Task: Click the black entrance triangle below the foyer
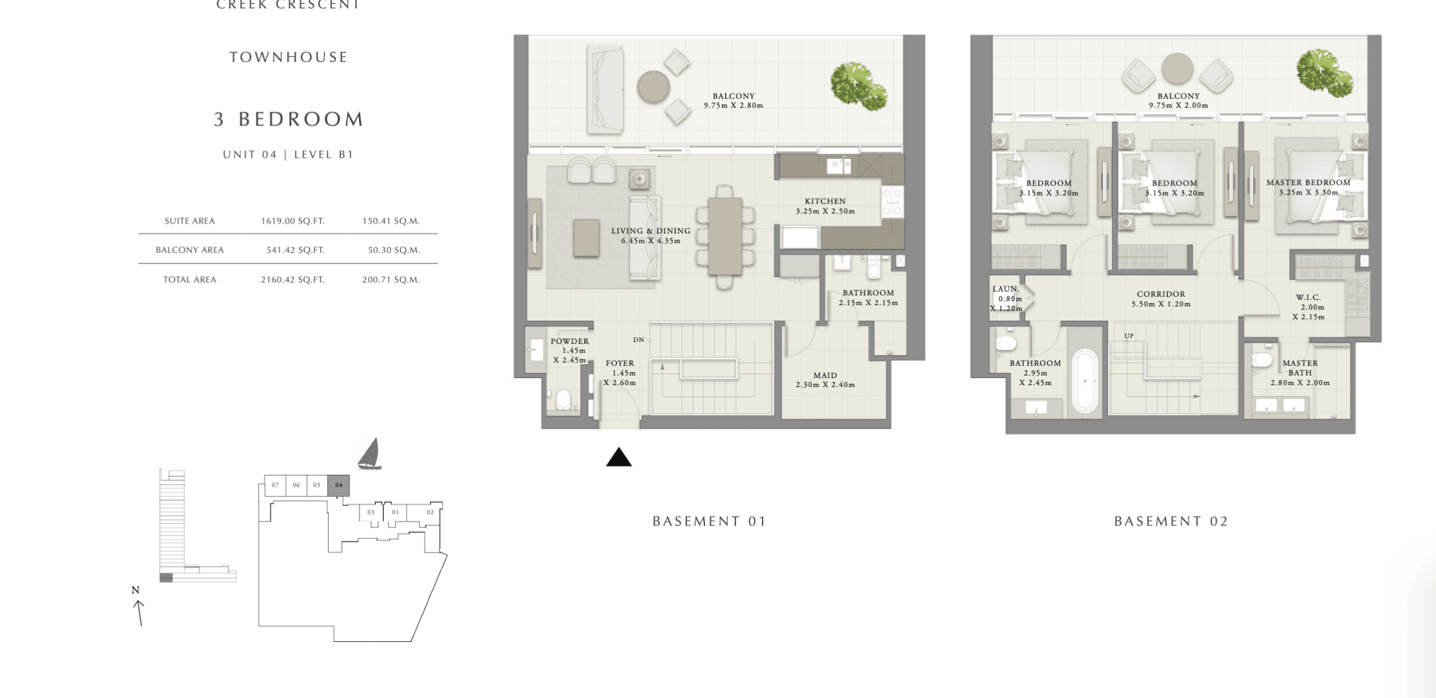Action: click(618, 457)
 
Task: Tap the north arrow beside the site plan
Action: click(138, 613)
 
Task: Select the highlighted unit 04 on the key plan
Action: click(338, 485)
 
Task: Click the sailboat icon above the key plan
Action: click(369, 454)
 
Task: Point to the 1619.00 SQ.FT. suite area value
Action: click(292, 221)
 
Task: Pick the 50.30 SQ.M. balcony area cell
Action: click(394, 250)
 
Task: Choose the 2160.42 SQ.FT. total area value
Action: click(292, 280)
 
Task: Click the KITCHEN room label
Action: click(825, 201)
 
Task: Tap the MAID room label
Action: click(825, 375)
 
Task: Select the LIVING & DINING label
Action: click(651, 231)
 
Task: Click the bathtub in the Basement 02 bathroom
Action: click(1084, 381)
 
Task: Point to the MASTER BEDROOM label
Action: click(1309, 183)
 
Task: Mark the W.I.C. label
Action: click(1309, 298)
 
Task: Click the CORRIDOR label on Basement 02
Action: click(1161, 294)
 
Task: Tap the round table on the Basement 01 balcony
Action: click(653, 87)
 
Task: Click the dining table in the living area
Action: click(725, 236)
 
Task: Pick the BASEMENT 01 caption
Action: click(710, 522)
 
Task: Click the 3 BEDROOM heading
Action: click(289, 120)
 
